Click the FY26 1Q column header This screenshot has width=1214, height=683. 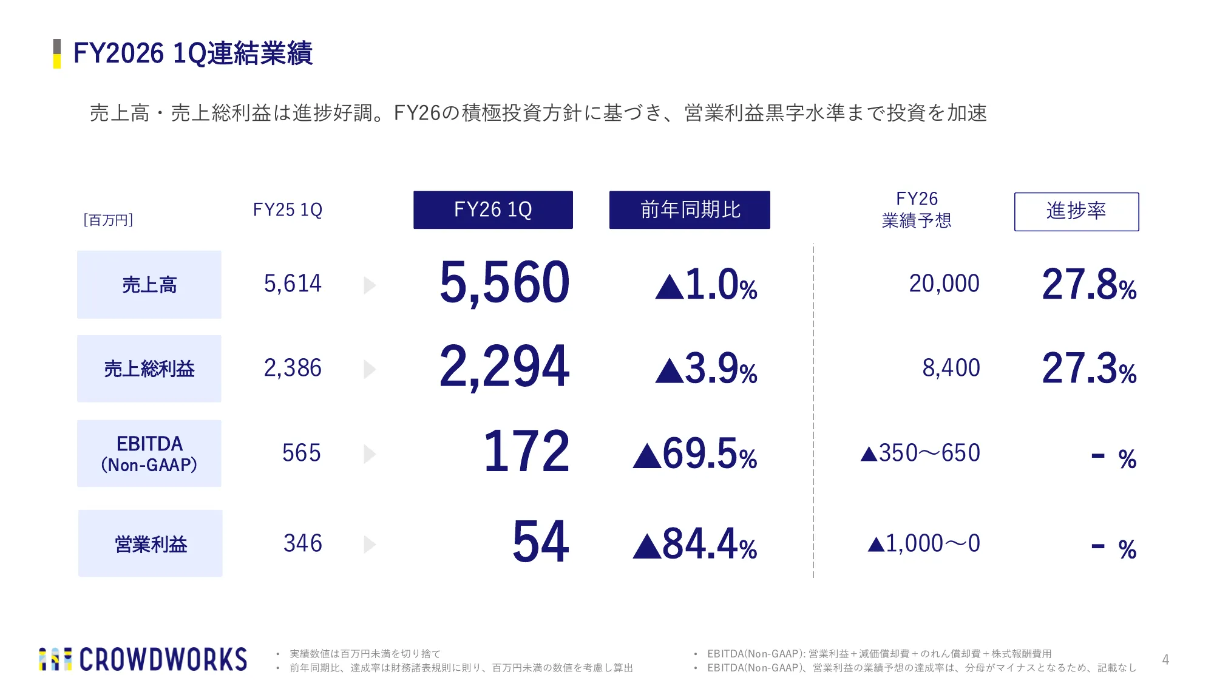pyautogui.click(x=493, y=210)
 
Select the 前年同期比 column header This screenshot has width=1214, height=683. pyautogui.click(x=690, y=210)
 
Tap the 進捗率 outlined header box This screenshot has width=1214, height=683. pyautogui.click(x=1076, y=211)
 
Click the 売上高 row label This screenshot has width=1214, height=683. pyautogui.click(x=149, y=285)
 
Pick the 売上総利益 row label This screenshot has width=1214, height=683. pyautogui.click(x=149, y=369)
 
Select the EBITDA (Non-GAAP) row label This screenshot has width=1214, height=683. pyautogui.click(x=149, y=454)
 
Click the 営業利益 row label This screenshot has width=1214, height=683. pyautogui.click(x=151, y=543)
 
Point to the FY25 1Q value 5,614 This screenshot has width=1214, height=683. pyautogui.click(x=293, y=284)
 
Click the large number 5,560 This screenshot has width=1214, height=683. pyautogui.click(x=504, y=283)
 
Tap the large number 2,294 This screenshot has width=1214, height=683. pyautogui.click(x=504, y=367)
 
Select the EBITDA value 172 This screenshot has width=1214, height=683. pyautogui.click(x=526, y=451)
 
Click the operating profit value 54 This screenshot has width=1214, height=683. pyautogui.click(x=541, y=542)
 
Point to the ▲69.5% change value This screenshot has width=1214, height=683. pyautogui.click(x=695, y=454)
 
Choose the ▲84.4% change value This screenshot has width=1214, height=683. pyautogui.click(x=695, y=544)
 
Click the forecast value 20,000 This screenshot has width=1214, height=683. pyautogui.click(x=944, y=284)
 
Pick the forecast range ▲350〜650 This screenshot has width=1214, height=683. pyautogui.click(x=920, y=453)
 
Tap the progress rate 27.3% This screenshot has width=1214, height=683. pyautogui.click(x=1090, y=368)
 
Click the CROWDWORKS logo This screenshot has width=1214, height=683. pyautogui.click(x=143, y=659)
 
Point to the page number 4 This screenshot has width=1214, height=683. pyautogui.click(x=1165, y=660)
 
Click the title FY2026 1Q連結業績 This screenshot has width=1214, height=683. pyautogui.click(x=192, y=53)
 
